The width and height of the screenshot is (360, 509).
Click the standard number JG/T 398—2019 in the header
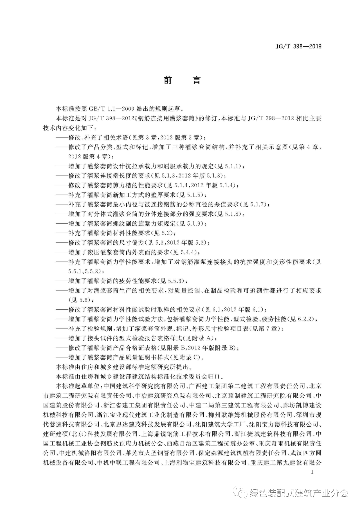pyautogui.click(x=298, y=47)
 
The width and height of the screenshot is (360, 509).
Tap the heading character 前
pyautogui.click(x=168, y=80)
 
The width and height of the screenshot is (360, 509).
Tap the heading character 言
pyautogui.click(x=196, y=80)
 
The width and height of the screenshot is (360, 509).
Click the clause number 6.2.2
pyautogui.click(x=306, y=319)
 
